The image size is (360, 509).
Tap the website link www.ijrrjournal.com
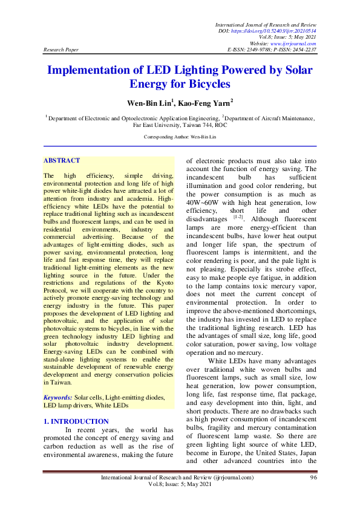295,43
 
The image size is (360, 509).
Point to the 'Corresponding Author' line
180,137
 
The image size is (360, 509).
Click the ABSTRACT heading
62,160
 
